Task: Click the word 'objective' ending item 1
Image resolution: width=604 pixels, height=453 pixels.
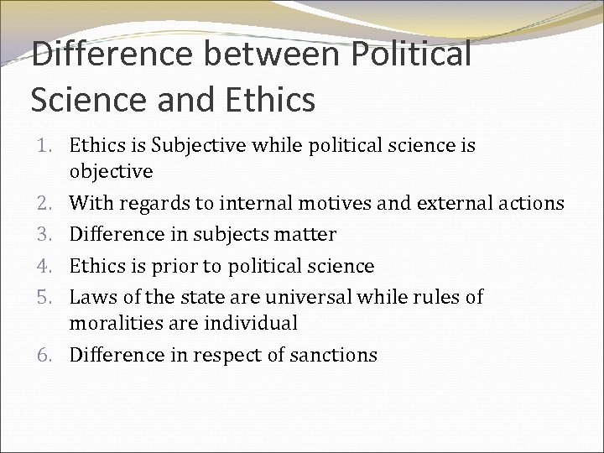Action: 111,171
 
